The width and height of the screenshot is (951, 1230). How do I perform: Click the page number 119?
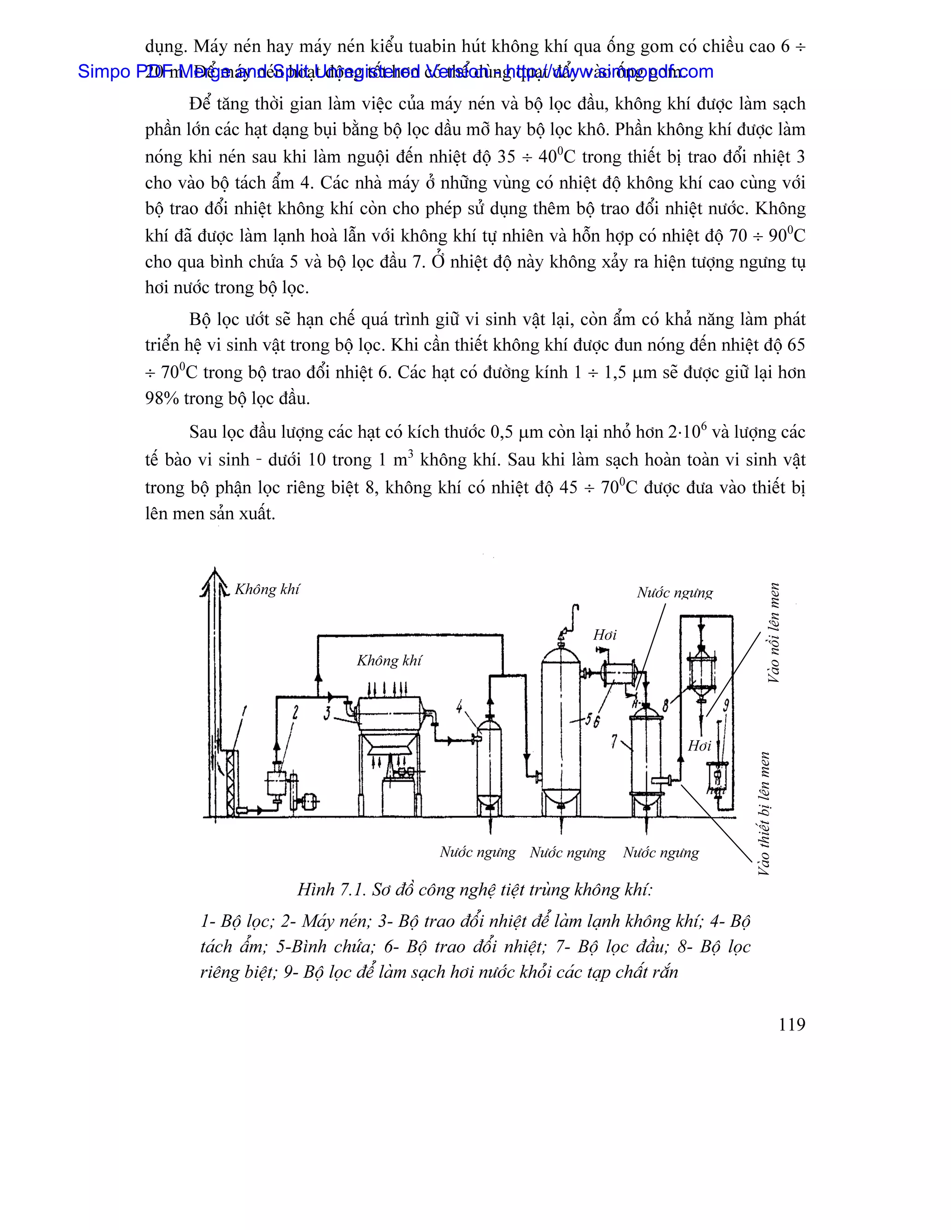[x=792, y=1024]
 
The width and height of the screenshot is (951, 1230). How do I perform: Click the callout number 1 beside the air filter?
[x=244, y=712]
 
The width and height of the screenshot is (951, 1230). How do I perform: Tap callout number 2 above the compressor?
[x=295, y=712]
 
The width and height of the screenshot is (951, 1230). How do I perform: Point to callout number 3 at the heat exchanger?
[x=327, y=712]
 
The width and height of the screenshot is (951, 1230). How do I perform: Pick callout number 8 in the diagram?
[x=665, y=705]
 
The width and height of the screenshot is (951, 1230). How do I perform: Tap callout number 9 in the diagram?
[x=726, y=705]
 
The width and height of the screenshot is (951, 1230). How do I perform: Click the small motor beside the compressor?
[x=308, y=800]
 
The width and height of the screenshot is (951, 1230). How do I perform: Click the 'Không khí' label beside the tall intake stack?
[x=267, y=589]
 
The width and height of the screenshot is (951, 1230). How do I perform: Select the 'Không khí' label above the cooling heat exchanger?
[x=389, y=660]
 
